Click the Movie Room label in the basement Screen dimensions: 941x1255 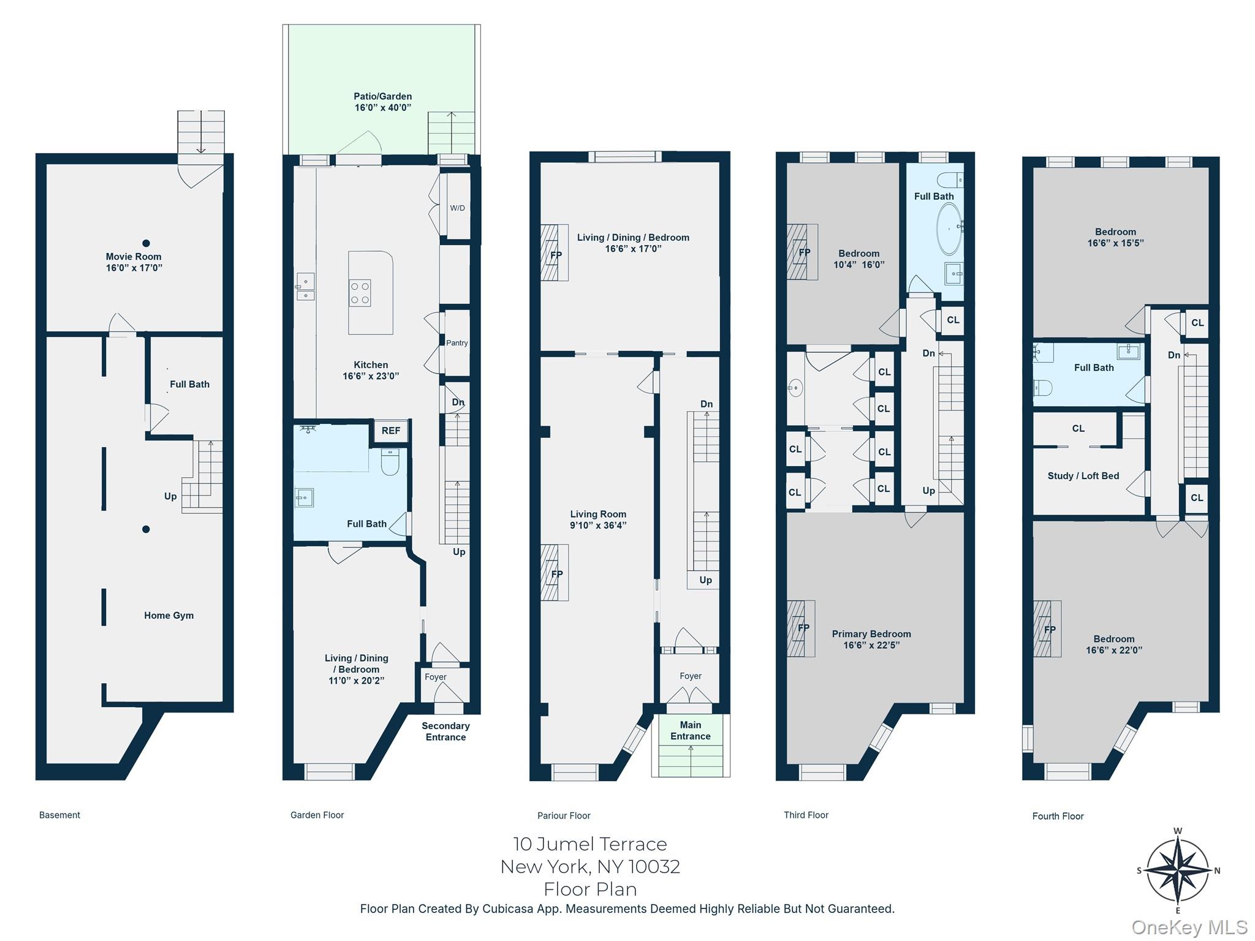[x=134, y=257]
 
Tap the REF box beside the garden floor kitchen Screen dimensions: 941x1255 [x=390, y=431]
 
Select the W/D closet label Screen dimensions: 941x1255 [x=457, y=208]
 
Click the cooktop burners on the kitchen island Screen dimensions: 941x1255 [x=360, y=293]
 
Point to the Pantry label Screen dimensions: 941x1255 [x=457, y=343]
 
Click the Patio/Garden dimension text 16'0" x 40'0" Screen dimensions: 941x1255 [x=382, y=108]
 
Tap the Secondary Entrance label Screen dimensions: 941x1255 [x=446, y=731]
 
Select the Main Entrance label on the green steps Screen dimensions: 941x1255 [x=690, y=731]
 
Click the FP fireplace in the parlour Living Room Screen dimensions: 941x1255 [x=555, y=573]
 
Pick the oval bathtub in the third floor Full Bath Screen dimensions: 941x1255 [x=949, y=229]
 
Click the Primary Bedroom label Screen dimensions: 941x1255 [x=871, y=634]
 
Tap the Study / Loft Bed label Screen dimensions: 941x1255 [x=1083, y=476]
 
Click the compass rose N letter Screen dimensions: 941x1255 [x=1217, y=871]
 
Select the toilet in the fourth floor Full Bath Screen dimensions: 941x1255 [x=1042, y=388]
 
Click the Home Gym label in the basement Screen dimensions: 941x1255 [x=169, y=616]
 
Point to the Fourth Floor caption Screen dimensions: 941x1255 [x=1058, y=816]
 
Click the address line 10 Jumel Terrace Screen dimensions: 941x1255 [x=590, y=844]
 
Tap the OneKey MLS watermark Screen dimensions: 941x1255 [x=1189, y=928]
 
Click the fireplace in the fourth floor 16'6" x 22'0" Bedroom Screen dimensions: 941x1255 [x=1047, y=629]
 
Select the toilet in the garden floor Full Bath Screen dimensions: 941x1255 [x=390, y=463]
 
